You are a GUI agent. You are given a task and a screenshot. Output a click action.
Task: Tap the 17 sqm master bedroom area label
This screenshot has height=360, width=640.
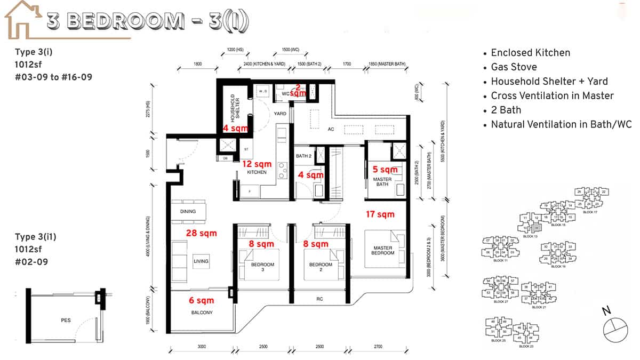tap(380, 214)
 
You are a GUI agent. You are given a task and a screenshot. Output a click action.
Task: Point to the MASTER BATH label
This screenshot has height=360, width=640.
tap(383, 182)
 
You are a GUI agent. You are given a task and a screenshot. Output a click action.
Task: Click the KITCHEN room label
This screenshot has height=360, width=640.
tap(256, 173)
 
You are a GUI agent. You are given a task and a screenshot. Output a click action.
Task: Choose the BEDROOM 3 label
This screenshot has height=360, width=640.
tap(262, 267)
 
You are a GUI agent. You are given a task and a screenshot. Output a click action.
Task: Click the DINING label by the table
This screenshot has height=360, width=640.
tap(188, 212)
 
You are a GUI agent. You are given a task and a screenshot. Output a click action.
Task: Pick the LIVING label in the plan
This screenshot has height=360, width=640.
tap(201, 261)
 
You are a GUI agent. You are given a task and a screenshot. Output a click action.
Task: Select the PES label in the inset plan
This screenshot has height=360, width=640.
tap(67, 321)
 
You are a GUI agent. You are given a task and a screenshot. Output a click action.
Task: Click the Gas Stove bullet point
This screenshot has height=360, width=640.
tap(514, 67)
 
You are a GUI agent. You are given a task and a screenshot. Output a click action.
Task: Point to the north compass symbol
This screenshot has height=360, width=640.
tap(615, 327)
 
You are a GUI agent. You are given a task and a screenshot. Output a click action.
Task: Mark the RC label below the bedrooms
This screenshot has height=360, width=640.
tap(319, 299)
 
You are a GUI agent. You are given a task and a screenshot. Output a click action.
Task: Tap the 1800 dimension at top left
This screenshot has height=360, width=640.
tap(197, 64)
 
